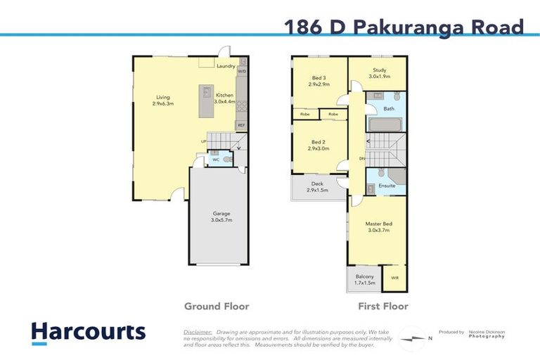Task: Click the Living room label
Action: [x=163, y=101]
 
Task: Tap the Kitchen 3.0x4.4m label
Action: [x=225, y=98]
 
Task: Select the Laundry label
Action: [x=226, y=66]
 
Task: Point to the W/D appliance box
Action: [x=242, y=71]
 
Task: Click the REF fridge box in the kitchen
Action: [x=241, y=125]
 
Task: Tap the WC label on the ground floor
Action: [x=216, y=160]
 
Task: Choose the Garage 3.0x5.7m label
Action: [x=222, y=217]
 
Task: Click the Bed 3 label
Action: [x=319, y=81]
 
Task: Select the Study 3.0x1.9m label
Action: [x=380, y=73]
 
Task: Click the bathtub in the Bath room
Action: [x=384, y=125]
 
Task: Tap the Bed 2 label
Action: [x=319, y=145]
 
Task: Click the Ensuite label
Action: [x=387, y=186]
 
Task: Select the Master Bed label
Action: [x=378, y=227]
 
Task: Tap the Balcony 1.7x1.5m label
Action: [x=364, y=279]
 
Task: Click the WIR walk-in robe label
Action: [x=394, y=278]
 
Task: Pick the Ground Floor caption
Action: [x=217, y=307]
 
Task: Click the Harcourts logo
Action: [x=88, y=333]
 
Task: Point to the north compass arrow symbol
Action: [x=411, y=338]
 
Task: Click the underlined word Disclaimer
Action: [x=198, y=331]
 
